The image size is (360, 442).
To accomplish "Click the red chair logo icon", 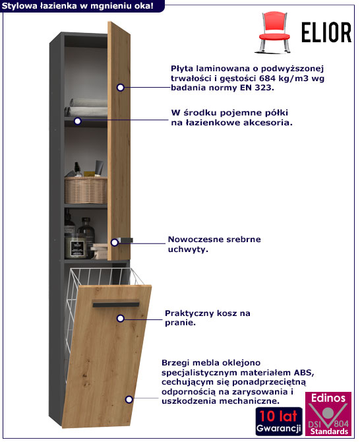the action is (x=274, y=32).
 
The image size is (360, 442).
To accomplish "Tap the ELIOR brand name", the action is (x=326, y=32).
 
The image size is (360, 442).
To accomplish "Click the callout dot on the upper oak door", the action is (x=120, y=88).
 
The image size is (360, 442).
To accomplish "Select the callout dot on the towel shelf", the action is (x=77, y=121).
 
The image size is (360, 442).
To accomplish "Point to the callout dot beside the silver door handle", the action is (x=114, y=242).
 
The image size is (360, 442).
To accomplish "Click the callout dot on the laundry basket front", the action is (x=120, y=319).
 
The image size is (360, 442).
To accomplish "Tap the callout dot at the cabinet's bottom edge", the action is (x=129, y=399).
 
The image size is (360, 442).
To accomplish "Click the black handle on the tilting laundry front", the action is (x=116, y=305).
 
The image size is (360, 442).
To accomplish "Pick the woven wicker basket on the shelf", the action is (x=86, y=190).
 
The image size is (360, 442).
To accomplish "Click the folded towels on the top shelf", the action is (x=87, y=108).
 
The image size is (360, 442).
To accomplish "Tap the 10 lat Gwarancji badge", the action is (x=279, y=421).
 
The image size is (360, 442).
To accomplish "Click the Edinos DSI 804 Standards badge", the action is (x=328, y=414).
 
